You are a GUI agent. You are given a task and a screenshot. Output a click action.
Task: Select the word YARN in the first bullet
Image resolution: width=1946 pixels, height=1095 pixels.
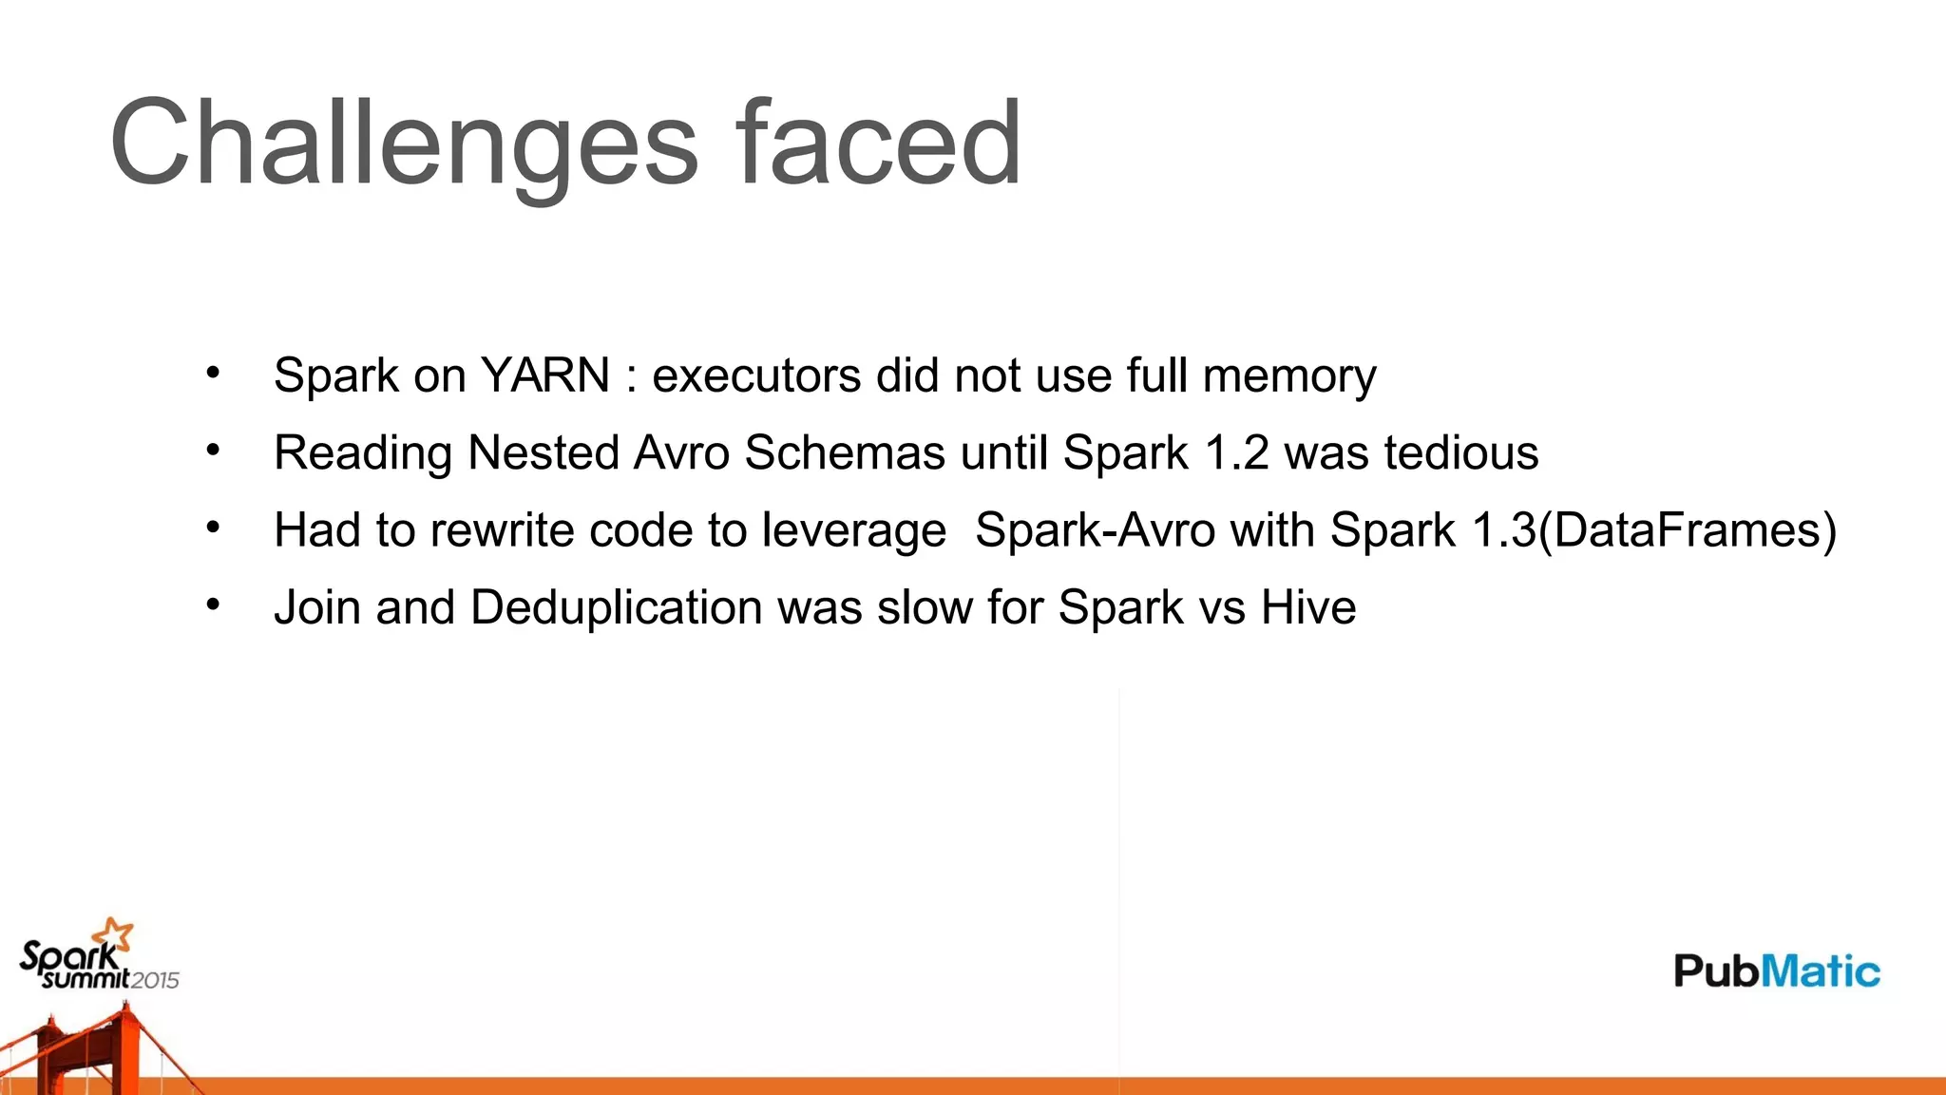coord(545,375)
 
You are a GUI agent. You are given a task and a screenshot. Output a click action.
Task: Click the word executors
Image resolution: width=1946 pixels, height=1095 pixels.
coord(755,375)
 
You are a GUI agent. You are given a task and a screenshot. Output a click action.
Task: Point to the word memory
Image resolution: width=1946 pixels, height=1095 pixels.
coord(1289,375)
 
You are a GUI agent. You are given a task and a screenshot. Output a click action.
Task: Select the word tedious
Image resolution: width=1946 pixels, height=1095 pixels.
coord(1460,452)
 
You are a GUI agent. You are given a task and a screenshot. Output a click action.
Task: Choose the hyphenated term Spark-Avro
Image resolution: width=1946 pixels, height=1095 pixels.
coord(1095,530)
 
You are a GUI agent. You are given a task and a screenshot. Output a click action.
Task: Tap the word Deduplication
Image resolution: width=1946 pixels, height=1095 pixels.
coord(616,607)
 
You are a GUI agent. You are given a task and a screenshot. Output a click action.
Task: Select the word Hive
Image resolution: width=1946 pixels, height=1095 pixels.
coord(1308,607)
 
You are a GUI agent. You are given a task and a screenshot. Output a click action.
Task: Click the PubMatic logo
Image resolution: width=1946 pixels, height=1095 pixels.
coord(1776,970)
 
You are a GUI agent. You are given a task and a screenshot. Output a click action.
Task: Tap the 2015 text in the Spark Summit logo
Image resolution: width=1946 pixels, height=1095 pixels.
coord(155,980)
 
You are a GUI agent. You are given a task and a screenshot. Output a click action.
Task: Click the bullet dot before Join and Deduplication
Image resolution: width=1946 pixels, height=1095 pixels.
coord(213,605)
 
